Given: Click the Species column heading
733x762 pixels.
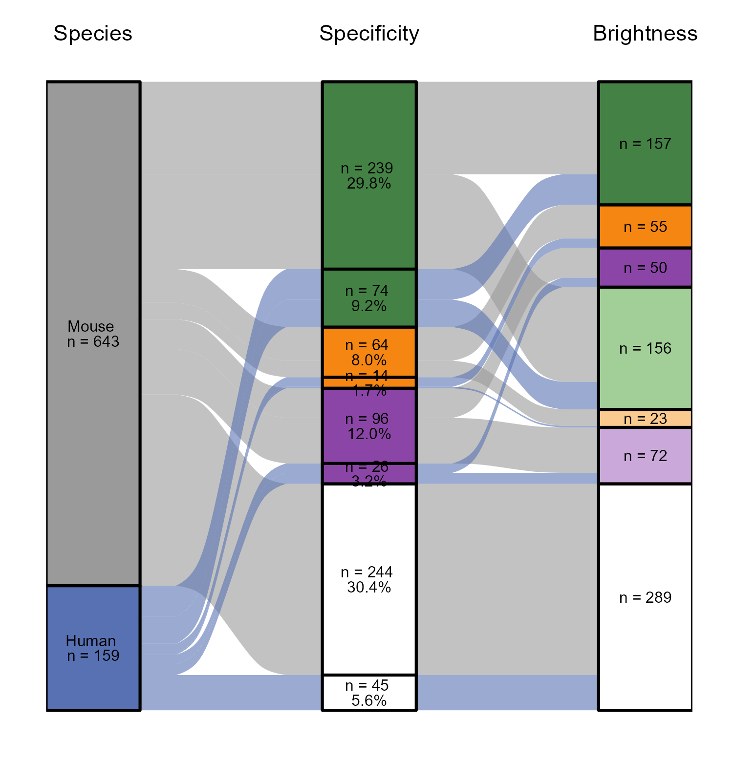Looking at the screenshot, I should pyautogui.click(x=93, y=34).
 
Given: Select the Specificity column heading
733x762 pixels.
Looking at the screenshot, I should pyautogui.click(x=369, y=34).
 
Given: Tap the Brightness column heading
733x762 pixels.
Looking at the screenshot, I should pyautogui.click(x=645, y=34).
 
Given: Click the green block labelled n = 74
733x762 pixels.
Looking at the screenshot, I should pyautogui.click(x=369, y=298).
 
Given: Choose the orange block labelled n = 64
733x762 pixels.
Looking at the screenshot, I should pyautogui.click(x=369, y=352).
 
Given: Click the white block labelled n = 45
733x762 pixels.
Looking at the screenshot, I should pyautogui.click(x=369, y=693).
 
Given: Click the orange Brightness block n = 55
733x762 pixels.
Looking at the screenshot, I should pyautogui.click(x=645, y=227).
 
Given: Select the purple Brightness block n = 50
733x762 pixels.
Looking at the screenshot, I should pyautogui.click(x=645, y=268).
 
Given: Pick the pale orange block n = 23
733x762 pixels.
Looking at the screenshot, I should pyautogui.click(x=645, y=419).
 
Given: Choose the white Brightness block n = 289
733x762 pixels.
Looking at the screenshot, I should pyautogui.click(x=645, y=635).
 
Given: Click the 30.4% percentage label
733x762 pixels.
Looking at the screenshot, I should pyautogui.click(x=369, y=588).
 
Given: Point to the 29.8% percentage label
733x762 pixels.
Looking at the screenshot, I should pyautogui.click(x=369, y=184).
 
